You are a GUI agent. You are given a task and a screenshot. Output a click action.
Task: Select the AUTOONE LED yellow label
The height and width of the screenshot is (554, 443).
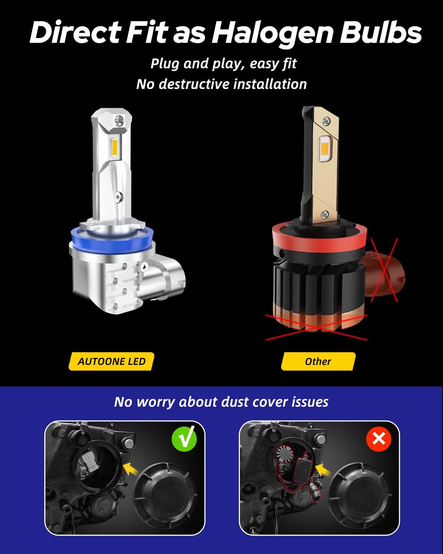pos(111,362)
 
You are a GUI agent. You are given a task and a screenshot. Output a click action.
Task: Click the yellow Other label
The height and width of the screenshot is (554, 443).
pos(318,362)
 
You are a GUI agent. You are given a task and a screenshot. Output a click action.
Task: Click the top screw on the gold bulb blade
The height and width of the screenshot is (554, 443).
pos(326,119)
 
